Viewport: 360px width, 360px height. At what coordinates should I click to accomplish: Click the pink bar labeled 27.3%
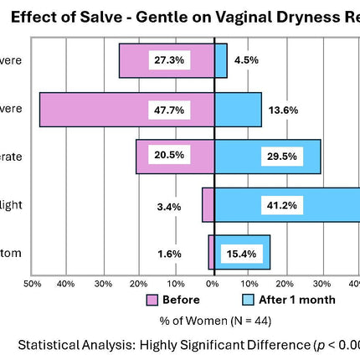(x=134, y=60)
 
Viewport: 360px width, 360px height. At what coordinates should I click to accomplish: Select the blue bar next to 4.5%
(x=221, y=60)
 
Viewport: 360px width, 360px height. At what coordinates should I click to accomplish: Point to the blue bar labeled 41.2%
(x=335, y=204)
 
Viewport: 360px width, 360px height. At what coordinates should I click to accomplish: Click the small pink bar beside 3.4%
(x=208, y=204)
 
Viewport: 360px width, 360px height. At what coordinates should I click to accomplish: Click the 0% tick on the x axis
(x=213, y=284)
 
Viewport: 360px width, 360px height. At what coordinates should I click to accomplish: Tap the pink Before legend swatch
(x=152, y=300)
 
